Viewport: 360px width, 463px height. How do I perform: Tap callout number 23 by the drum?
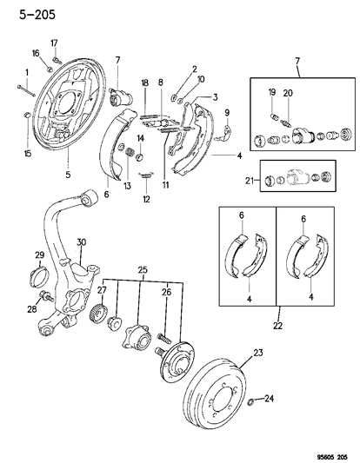[x=257, y=353]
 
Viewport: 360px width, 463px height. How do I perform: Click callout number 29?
[x=38, y=254]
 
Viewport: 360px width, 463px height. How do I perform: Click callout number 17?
[x=54, y=43]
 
